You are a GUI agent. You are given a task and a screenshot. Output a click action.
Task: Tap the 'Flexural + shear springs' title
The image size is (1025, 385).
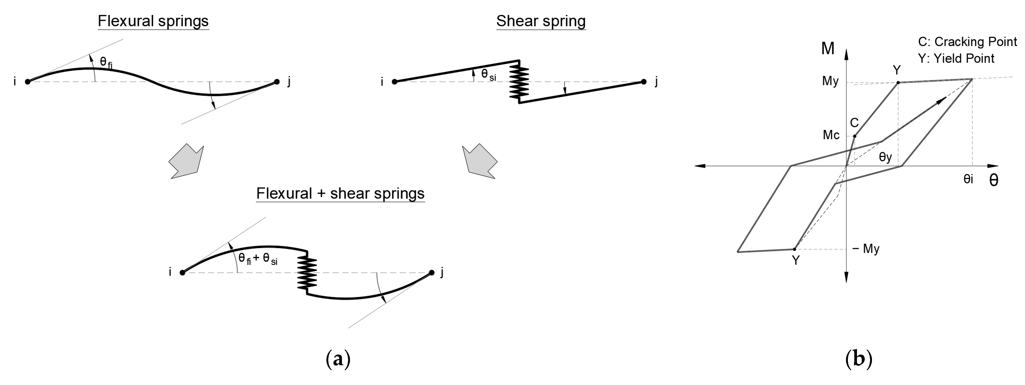pyautogui.click(x=340, y=194)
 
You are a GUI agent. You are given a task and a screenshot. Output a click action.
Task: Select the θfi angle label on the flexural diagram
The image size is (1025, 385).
pyautogui.click(x=106, y=63)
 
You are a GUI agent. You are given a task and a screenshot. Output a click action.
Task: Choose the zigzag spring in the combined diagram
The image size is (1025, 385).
pyautogui.click(x=307, y=273)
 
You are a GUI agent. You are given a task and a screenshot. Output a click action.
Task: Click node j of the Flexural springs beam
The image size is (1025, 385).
pyautogui.click(x=277, y=82)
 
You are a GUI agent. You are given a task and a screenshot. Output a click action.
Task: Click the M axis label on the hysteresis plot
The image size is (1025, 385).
pyautogui.click(x=828, y=49)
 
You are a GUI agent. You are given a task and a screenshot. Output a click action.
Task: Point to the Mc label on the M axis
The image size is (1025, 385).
pyautogui.click(x=831, y=135)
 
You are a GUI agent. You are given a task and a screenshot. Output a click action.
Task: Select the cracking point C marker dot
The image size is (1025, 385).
pyautogui.click(x=855, y=136)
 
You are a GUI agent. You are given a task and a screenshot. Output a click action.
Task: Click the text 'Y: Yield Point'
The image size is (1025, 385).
pyautogui.click(x=956, y=59)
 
